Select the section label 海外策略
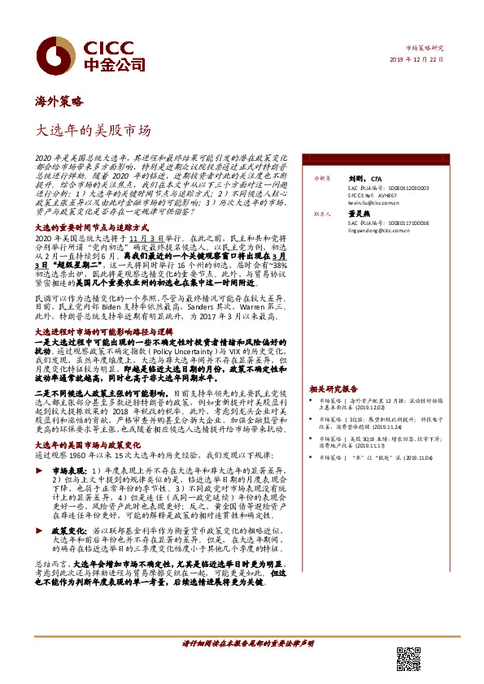[x=59, y=102]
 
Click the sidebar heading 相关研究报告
[x=334, y=389]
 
